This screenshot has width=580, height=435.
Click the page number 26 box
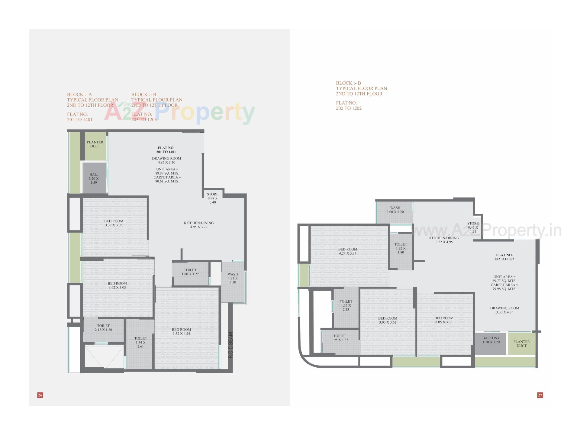click(40, 395)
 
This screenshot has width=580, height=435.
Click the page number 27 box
click(540, 395)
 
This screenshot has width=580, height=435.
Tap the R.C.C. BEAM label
click(230, 345)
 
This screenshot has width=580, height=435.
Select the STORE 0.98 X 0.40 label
click(213, 198)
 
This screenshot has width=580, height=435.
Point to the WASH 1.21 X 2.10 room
click(233, 278)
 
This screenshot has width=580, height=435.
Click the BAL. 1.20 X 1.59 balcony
click(94, 179)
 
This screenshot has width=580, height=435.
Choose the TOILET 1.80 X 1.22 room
click(190, 272)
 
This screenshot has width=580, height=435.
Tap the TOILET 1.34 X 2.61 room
click(140, 342)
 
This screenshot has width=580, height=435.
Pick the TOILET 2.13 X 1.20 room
click(103, 328)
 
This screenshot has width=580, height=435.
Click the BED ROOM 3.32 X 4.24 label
click(181, 332)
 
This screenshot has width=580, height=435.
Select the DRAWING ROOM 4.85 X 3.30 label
click(166, 160)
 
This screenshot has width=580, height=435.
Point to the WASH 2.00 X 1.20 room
click(395, 210)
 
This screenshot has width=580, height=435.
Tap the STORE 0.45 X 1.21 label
click(473, 227)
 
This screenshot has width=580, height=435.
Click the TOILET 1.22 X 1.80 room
click(401, 248)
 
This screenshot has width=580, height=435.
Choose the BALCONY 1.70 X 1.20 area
click(491, 340)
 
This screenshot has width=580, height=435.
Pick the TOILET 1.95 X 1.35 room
click(340, 338)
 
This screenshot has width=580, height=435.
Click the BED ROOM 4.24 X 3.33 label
click(348, 251)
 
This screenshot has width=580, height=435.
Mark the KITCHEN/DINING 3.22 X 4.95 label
click(444, 240)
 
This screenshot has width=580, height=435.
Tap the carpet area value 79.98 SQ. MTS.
click(504, 289)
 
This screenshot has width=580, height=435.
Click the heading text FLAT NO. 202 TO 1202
click(349, 105)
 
